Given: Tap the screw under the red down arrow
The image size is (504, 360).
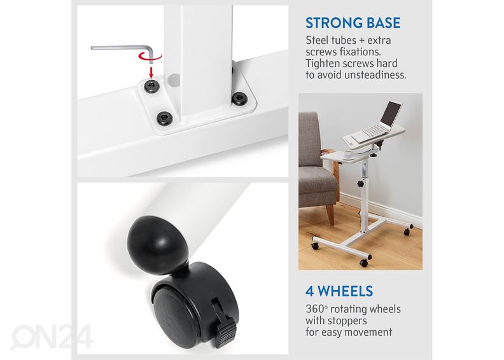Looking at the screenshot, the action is pos(151,86).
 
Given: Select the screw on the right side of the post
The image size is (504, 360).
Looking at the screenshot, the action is pos(239,99).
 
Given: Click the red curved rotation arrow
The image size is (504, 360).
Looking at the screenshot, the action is pos(150,57).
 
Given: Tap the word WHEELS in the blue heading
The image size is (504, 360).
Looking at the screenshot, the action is pos(345,291).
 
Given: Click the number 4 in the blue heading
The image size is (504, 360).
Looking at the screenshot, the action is pos(309,291).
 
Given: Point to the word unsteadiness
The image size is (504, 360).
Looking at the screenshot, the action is pos(375,75).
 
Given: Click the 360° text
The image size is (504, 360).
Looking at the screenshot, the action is pos(317,309).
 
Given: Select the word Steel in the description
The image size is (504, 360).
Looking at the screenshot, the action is pos(317,40).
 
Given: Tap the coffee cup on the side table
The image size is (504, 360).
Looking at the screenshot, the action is pos(348,154).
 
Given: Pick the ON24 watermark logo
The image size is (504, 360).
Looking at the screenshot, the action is pos(52,336).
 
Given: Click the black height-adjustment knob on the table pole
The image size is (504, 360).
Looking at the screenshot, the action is pos(361,184).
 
